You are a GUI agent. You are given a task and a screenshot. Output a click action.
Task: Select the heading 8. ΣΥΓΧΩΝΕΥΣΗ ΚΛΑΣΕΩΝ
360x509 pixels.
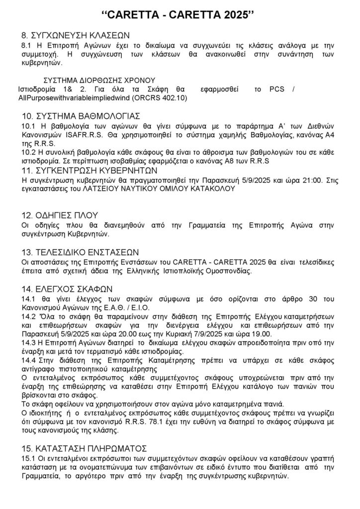pyautogui.click(x=75, y=36)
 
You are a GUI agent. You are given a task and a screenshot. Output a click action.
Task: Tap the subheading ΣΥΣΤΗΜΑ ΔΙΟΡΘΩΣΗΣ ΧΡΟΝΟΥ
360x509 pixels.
pyautogui.click(x=100, y=80)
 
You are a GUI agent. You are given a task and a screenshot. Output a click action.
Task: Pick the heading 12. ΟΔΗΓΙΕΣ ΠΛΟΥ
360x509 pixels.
pyautogui.click(x=59, y=215)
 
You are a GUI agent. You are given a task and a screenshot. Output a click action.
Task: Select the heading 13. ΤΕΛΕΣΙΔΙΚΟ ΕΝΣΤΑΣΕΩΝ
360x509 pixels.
pyautogui.click(x=80, y=252)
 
